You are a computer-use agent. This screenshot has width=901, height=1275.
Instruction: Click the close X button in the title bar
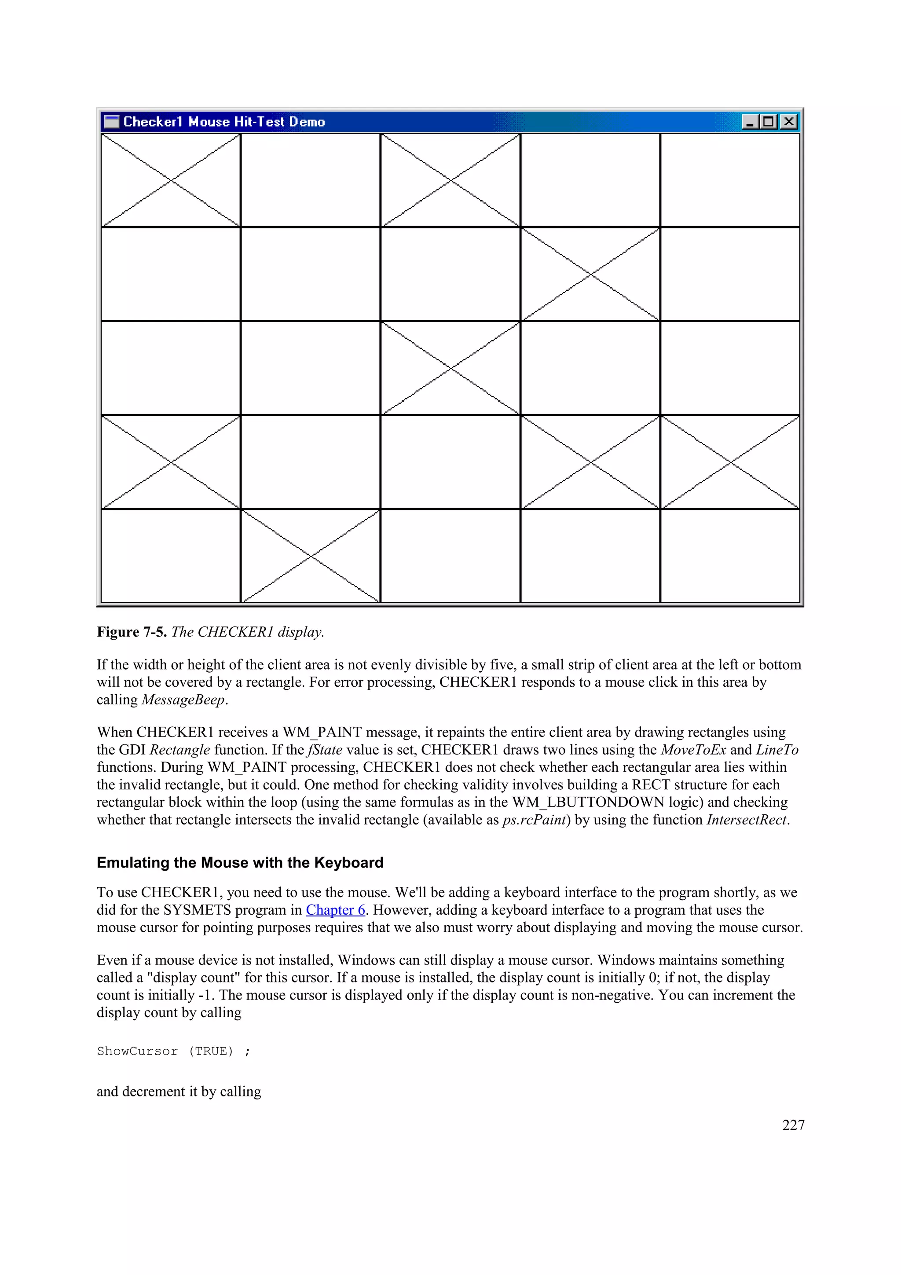788,121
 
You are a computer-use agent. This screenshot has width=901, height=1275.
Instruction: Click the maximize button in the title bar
769,121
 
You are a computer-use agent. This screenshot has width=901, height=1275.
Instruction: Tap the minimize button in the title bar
750,121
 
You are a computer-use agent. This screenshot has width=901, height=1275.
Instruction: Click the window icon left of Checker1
112,121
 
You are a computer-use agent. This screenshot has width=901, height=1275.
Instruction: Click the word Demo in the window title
307,121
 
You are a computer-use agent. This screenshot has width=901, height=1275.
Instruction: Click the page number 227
793,1125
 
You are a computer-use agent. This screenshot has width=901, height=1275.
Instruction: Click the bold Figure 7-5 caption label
132,632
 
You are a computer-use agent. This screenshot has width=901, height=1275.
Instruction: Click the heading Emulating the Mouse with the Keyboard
240,862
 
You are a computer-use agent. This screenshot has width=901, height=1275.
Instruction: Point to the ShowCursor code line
173,1051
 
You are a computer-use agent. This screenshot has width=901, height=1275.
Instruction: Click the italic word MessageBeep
183,700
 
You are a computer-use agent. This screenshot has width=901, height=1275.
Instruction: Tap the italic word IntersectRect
747,820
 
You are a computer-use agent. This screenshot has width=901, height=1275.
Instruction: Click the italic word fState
325,750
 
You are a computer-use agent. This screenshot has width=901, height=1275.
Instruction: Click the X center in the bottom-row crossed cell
311,555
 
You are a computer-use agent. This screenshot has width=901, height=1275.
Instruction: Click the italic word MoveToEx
693,750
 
